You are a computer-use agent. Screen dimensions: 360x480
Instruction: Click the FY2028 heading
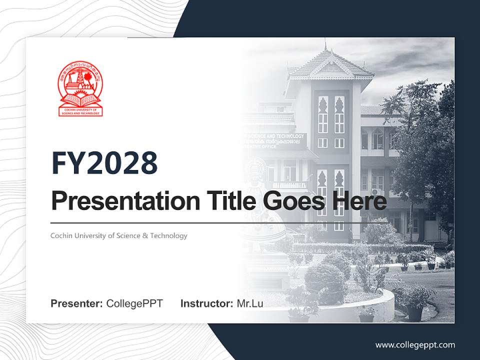click(x=104, y=163)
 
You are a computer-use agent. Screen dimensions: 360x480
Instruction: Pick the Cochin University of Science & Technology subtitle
click(x=119, y=235)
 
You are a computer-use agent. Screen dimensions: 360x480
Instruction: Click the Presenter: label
click(x=77, y=303)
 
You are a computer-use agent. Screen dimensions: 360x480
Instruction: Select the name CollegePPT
click(x=134, y=303)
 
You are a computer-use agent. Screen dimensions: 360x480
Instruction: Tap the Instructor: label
click(x=207, y=303)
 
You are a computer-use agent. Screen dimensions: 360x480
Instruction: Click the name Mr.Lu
click(x=250, y=303)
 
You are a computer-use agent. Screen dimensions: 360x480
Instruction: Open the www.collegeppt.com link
click(x=415, y=344)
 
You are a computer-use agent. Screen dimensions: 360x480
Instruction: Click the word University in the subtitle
click(x=88, y=235)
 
